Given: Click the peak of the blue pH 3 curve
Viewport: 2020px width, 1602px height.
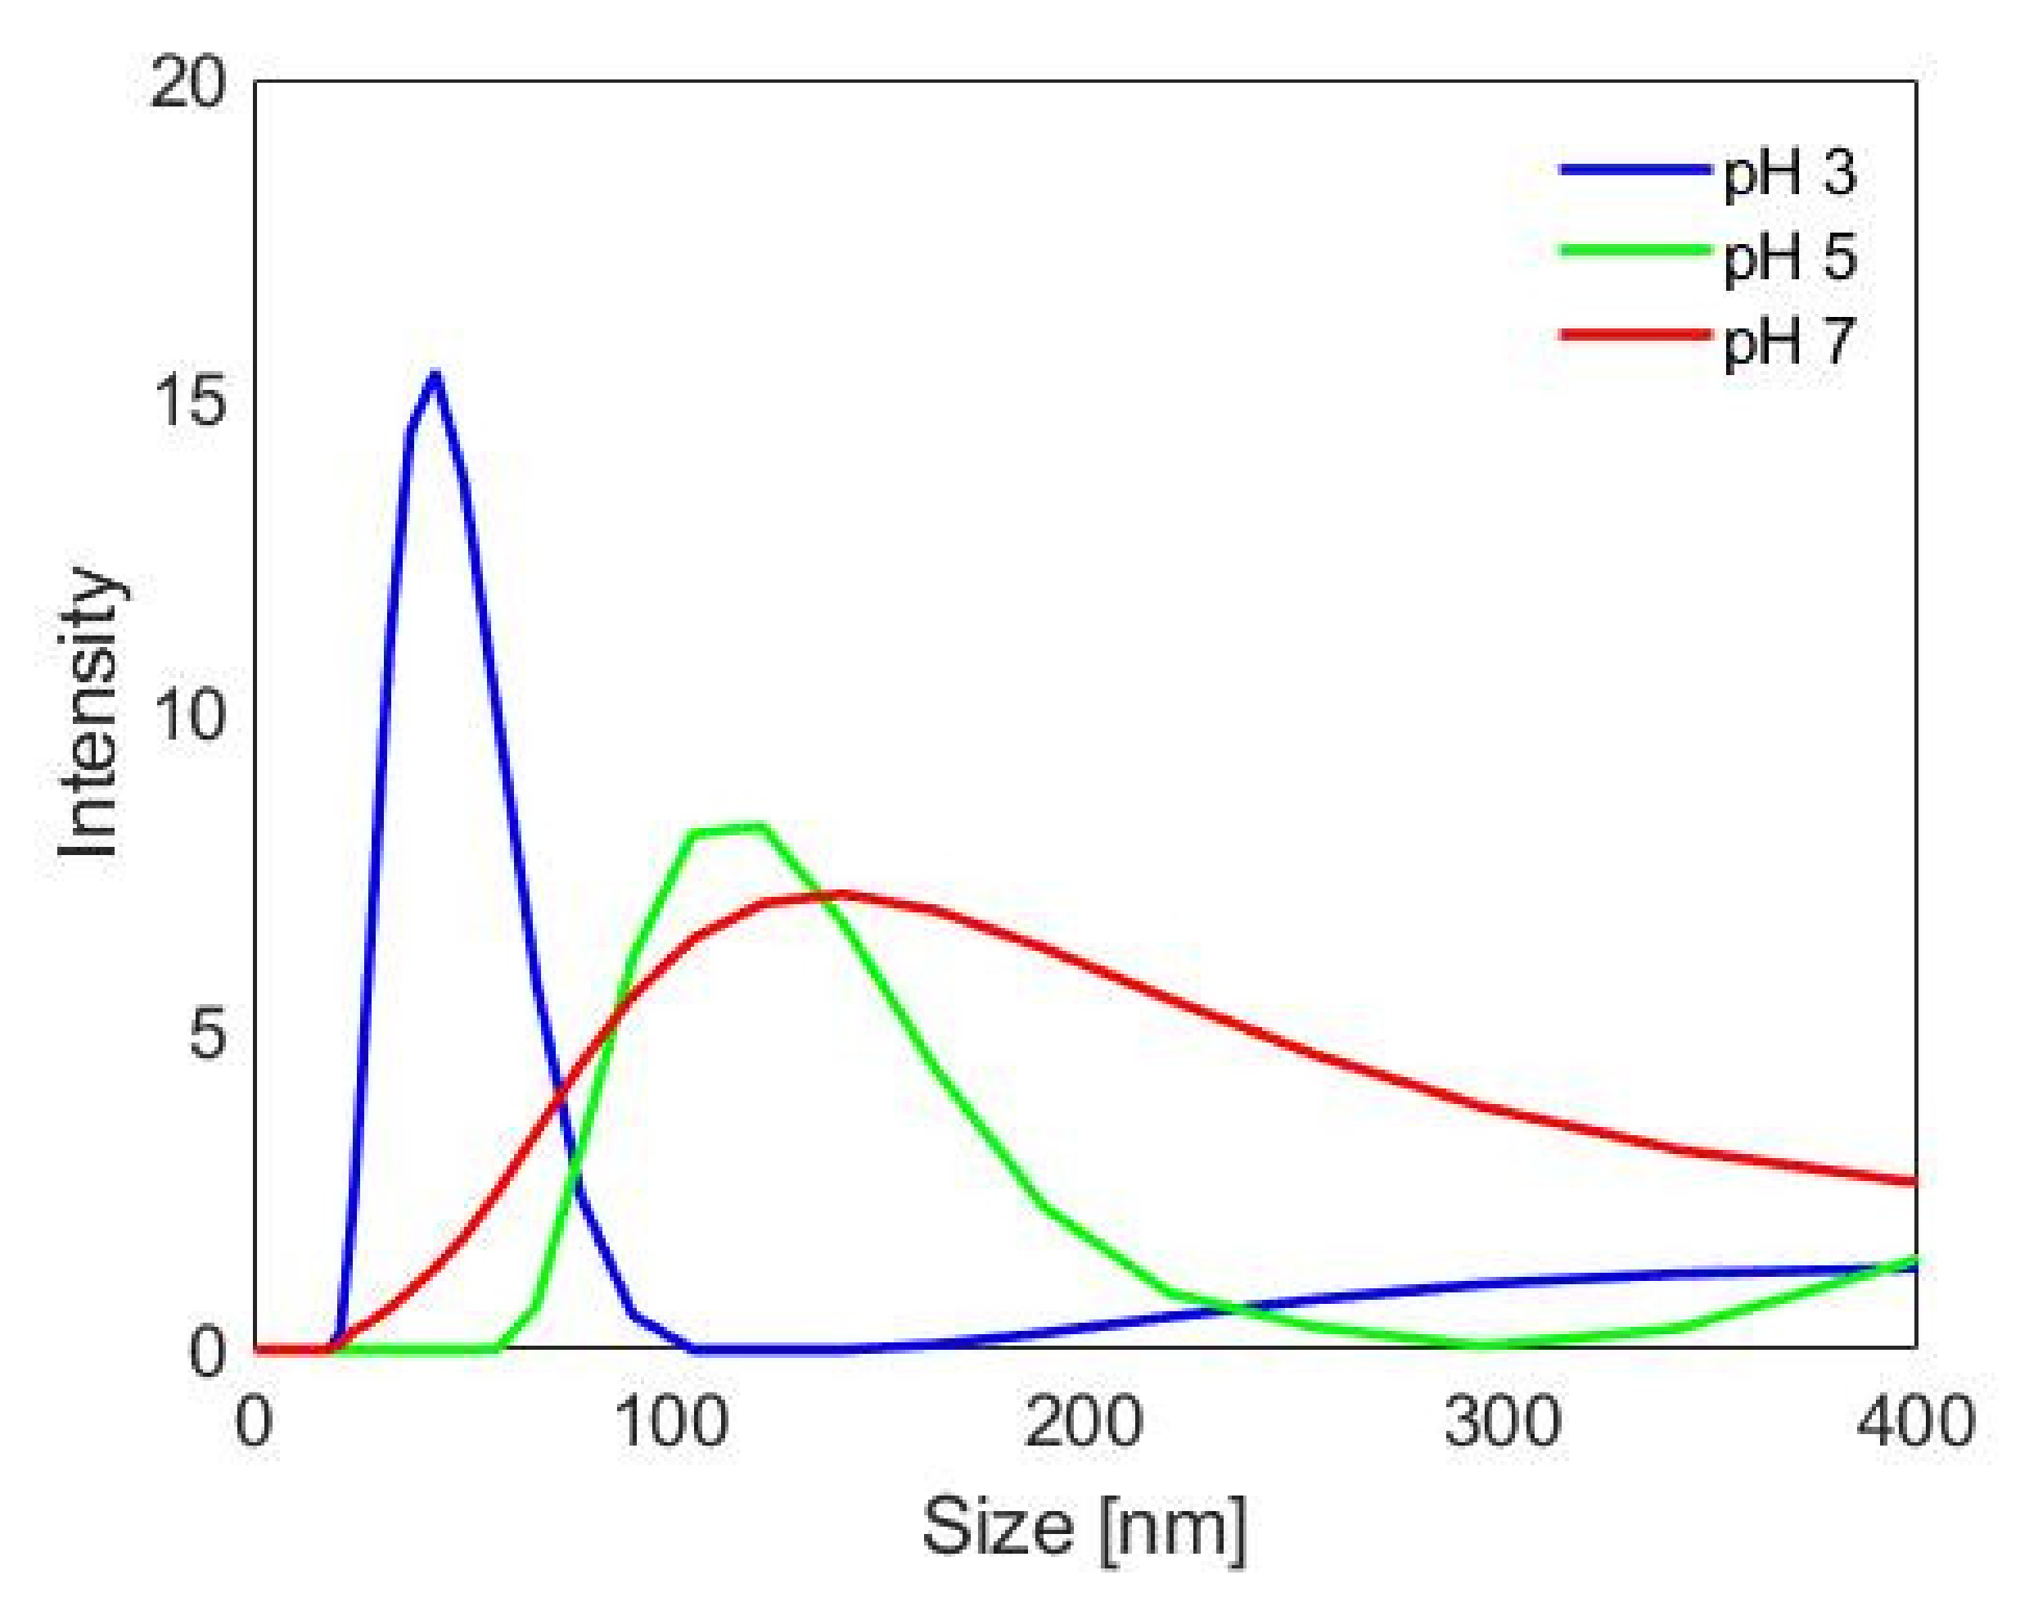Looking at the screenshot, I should [x=434, y=377].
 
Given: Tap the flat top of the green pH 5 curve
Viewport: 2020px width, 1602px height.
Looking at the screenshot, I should [x=730, y=829].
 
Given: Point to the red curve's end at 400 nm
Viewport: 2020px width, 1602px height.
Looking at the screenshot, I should [x=1911, y=1181].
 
